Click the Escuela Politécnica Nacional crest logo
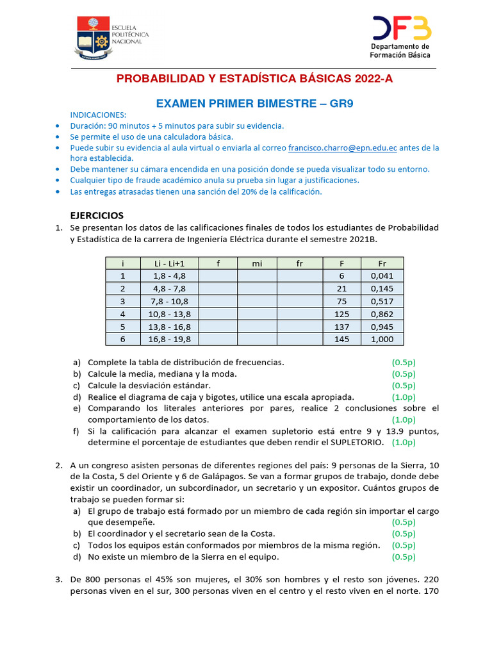[93, 37]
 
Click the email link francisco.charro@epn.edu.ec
[343, 147]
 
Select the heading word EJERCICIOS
[96, 215]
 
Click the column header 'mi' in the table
[256, 263]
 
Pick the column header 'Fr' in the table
[382, 263]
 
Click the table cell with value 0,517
[382, 301]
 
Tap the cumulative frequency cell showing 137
[341, 327]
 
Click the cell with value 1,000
[382, 339]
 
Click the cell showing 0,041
[382, 276]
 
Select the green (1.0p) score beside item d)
[404, 397]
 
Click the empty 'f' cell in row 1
[218, 276]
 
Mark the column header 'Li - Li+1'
[169, 263]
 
